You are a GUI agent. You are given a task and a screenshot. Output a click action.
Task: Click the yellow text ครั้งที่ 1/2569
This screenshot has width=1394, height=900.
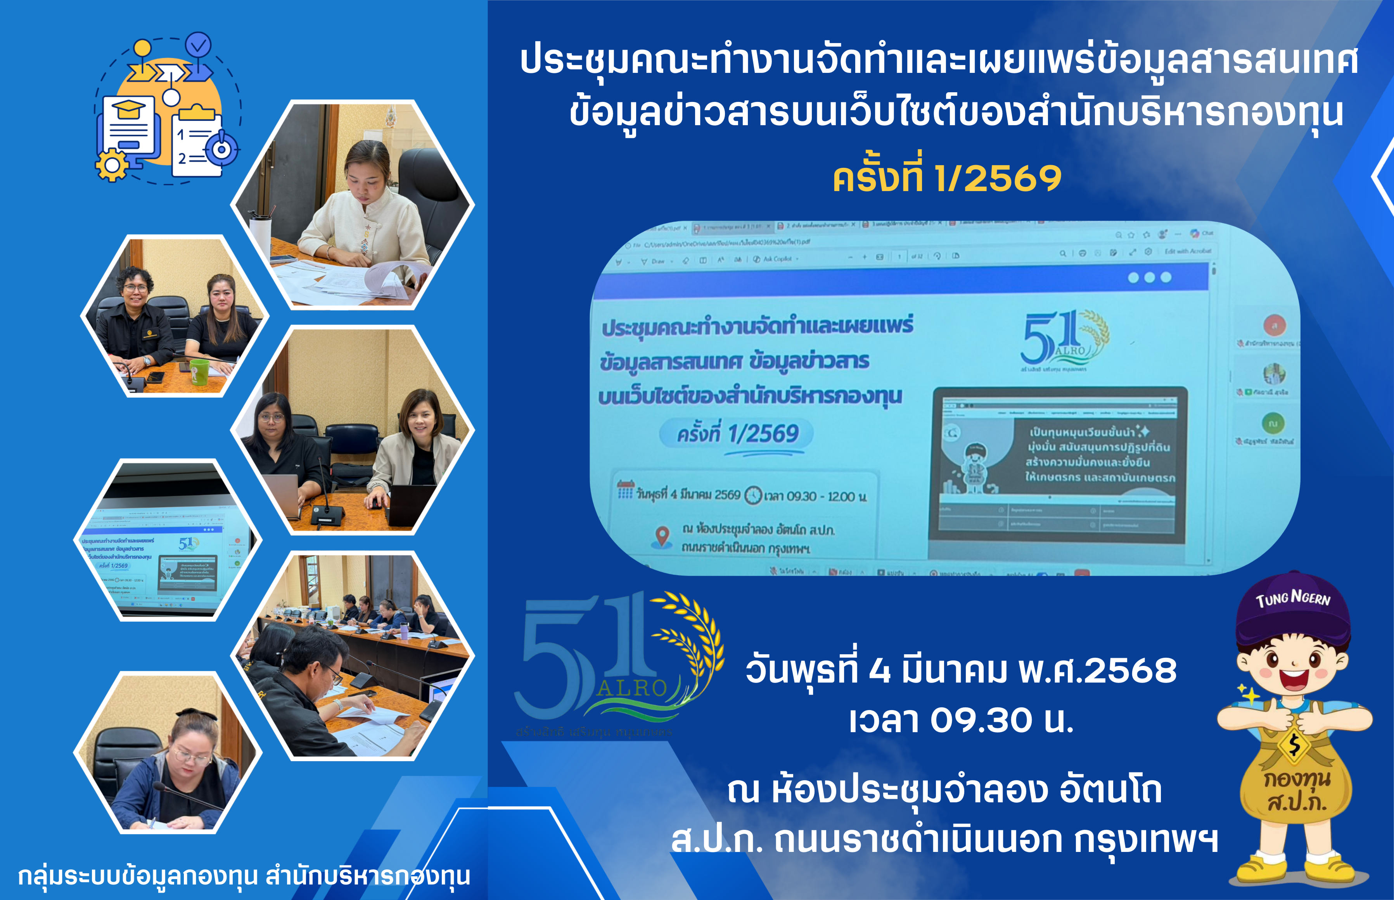tap(947, 178)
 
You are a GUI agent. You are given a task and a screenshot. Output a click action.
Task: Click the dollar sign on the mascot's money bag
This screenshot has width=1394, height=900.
tap(1294, 745)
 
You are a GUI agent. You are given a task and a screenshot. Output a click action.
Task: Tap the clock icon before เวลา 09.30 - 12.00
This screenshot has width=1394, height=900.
tap(753, 496)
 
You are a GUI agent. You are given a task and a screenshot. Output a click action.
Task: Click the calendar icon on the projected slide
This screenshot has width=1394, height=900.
tap(625, 490)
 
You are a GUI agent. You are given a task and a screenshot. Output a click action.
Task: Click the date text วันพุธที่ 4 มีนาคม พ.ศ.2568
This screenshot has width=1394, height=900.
tap(961, 670)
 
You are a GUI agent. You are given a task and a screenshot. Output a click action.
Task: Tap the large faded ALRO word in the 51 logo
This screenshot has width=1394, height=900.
tap(633, 688)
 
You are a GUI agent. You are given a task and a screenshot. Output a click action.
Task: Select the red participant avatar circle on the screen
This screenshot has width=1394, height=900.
tap(1275, 324)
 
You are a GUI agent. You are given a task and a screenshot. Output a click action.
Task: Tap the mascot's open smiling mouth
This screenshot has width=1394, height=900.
tap(1294, 680)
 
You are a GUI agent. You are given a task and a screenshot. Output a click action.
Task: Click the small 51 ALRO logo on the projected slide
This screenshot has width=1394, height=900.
tap(1061, 339)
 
